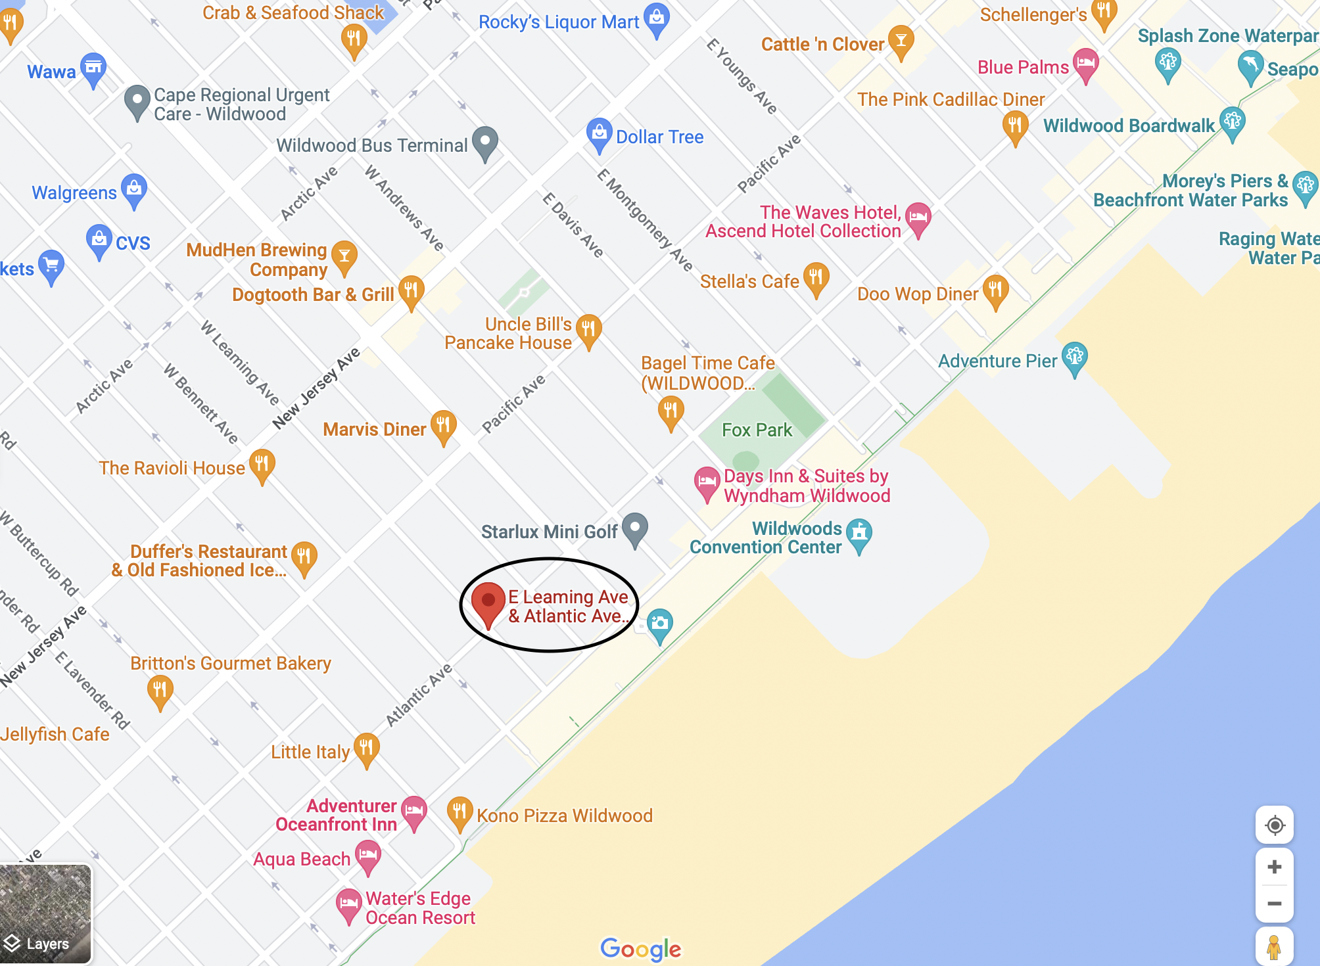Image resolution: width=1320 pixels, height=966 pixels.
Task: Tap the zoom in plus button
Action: point(1274,867)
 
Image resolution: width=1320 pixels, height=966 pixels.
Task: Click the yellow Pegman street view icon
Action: point(1274,946)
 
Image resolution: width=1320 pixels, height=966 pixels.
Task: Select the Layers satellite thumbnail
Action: point(45,914)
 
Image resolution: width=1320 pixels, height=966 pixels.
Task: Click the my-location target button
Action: point(1274,825)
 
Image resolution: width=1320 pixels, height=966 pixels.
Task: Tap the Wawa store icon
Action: point(93,68)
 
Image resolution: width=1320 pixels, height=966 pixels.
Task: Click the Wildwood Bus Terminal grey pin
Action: point(485,141)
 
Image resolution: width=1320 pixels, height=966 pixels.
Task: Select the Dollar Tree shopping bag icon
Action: point(599,133)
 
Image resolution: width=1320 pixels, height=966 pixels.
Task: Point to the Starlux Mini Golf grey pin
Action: point(634,528)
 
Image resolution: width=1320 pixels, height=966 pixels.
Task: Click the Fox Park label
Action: point(757,430)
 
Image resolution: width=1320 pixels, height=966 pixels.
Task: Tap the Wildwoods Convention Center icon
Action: point(859,534)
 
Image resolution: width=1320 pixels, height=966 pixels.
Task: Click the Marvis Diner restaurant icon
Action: point(443,425)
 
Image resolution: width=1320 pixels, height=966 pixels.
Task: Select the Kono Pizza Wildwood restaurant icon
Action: point(460,812)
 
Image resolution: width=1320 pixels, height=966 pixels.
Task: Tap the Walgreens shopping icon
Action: point(134,189)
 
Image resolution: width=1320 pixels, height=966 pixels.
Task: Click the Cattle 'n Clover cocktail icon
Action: point(901,41)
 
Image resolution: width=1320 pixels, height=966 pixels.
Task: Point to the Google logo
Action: point(640,948)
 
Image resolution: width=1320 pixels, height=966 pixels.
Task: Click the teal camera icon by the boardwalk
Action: point(659,624)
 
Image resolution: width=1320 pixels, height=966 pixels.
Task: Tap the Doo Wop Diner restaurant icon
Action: point(995,290)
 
